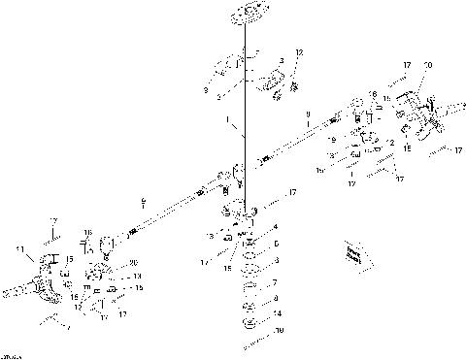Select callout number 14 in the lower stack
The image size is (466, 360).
pyautogui.click(x=277, y=313)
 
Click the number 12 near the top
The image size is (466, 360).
pyautogui.click(x=299, y=51)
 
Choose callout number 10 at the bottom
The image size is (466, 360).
pyautogui.click(x=279, y=331)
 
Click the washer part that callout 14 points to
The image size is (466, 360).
pyautogui.click(x=248, y=318)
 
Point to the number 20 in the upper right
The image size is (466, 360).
pyautogui.click(x=428, y=65)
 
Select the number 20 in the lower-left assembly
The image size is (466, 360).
pyautogui.click(x=132, y=263)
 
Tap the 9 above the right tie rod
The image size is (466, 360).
pyautogui.click(x=308, y=114)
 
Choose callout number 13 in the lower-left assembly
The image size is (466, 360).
pyautogui.click(x=136, y=277)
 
